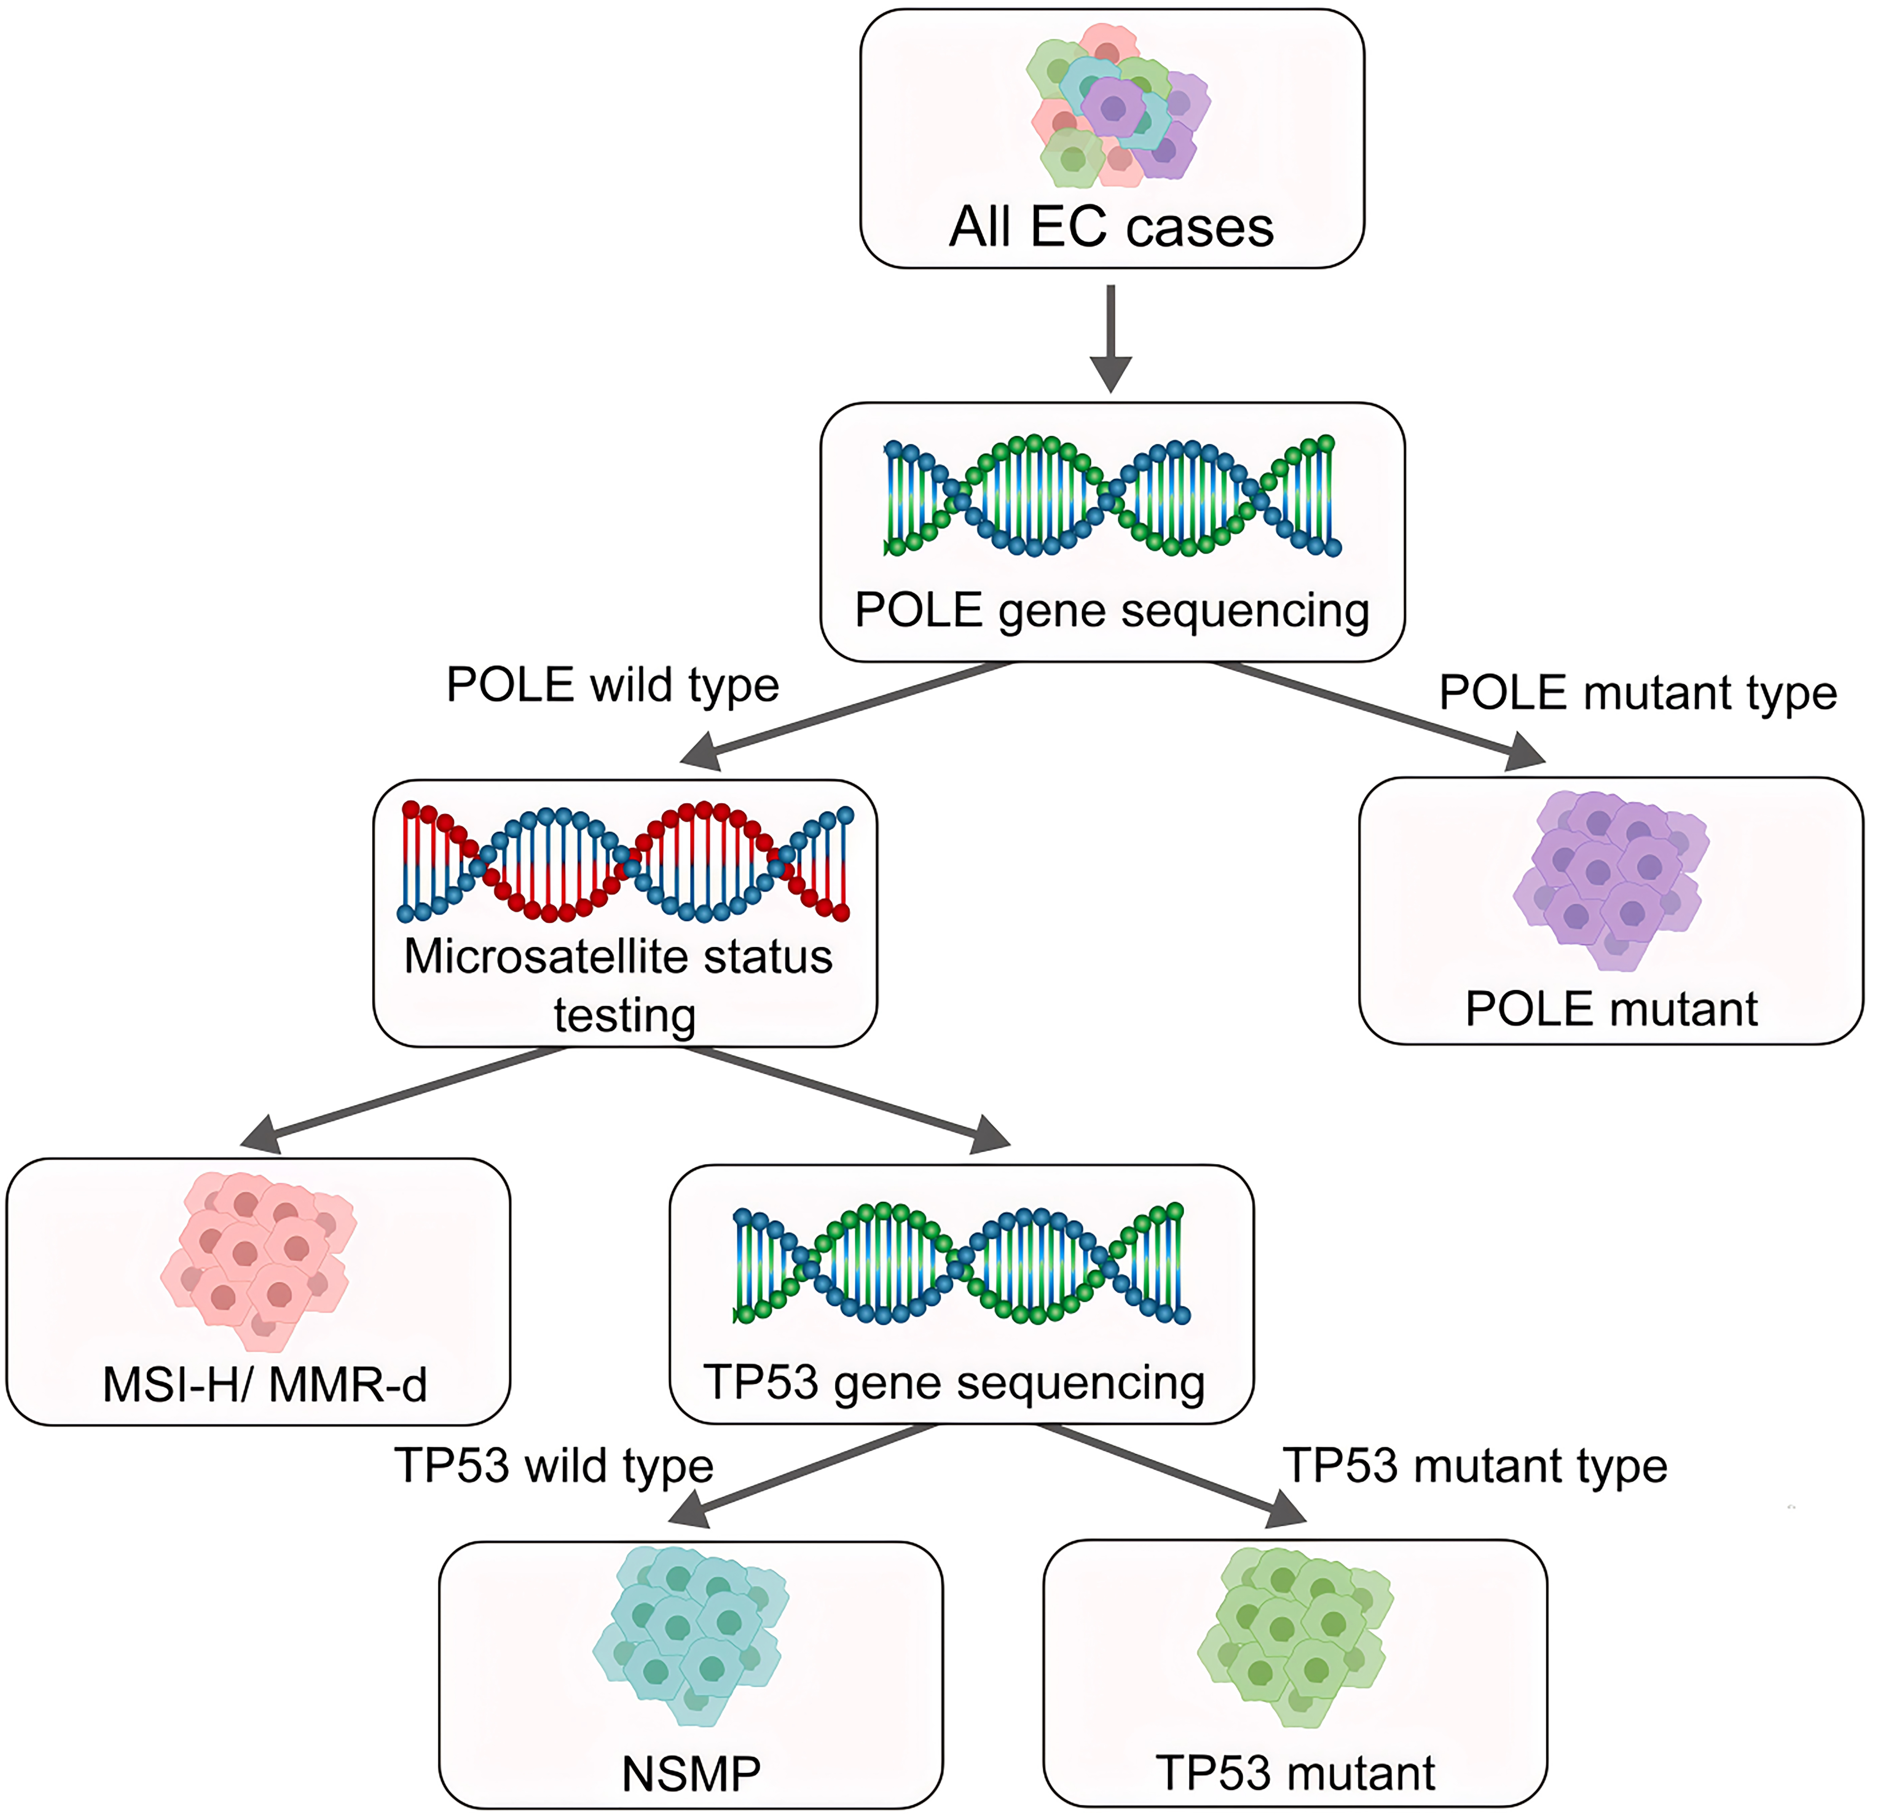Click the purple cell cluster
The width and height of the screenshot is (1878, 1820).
(x=1610, y=876)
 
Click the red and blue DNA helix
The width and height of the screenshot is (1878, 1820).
(x=625, y=860)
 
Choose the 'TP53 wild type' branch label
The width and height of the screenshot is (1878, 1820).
(x=554, y=1466)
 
